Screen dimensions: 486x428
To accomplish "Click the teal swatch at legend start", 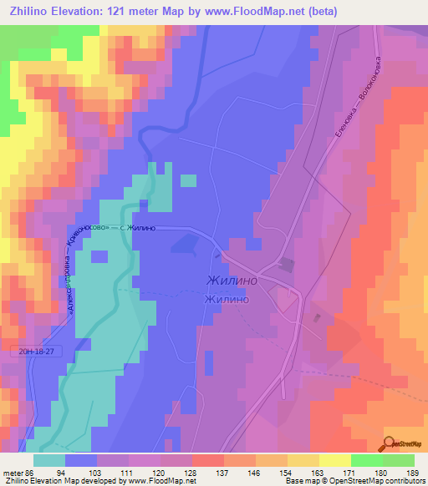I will pyautogui.click(x=49, y=460).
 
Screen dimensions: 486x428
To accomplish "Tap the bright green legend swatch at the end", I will pyautogui.click(x=398, y=460).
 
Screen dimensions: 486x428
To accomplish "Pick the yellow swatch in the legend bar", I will pyautogui.click(x=334, y=460).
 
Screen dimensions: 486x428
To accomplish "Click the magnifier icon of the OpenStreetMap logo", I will pyautogui.click(x=390, y=443).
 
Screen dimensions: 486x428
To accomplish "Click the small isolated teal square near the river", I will pyautogui.click(x=189, y=180).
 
